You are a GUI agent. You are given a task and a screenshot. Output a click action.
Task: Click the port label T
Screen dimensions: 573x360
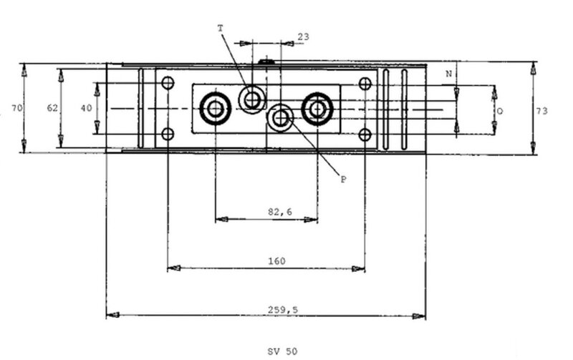point(220,28)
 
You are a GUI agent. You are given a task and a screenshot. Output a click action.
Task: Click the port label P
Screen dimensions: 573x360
point(344,179)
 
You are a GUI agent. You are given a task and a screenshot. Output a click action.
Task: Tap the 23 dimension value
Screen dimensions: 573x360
point(303,37)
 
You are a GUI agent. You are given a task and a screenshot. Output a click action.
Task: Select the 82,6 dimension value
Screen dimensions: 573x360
point(280,212)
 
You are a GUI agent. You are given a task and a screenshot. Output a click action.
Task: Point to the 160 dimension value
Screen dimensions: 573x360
point(276,261)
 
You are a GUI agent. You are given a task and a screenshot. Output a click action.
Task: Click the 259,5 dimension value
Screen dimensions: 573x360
point(283,310)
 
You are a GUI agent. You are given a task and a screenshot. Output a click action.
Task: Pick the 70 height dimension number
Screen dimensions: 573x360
point(16,108)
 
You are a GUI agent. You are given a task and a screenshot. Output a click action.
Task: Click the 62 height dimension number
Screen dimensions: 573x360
point(52,107)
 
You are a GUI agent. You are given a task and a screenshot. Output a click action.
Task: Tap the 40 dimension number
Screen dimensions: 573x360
point(86,108)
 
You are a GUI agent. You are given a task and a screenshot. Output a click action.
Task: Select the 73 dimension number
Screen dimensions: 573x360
point(542,111)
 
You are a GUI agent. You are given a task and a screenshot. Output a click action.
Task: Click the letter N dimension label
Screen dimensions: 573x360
point(449,74)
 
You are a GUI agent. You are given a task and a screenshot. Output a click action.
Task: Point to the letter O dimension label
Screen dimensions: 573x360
point(500,111)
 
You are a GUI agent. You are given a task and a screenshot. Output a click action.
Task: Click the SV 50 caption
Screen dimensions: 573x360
point(282,351)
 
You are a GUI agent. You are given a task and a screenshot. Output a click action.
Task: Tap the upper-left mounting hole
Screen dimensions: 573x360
point(168,83)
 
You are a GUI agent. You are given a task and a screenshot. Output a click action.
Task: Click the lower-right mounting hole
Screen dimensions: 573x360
point(365,135)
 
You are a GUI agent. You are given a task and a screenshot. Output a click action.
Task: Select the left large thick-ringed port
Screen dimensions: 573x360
point(216,109)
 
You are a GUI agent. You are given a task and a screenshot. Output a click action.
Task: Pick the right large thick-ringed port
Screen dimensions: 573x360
point(317,109)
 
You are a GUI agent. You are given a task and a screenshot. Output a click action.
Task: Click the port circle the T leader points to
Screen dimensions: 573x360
point(252,99)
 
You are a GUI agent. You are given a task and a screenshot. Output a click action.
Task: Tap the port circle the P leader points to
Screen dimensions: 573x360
point(280,117)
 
